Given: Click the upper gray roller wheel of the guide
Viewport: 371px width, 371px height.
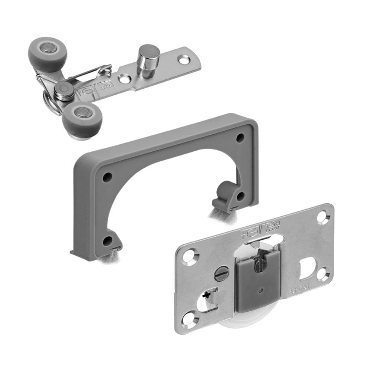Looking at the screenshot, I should click(x=47, y=54).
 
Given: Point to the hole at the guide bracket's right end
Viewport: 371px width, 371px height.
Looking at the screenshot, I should click(x=183, y=59).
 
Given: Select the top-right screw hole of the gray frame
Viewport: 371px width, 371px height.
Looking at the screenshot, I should click(x=240, y=138).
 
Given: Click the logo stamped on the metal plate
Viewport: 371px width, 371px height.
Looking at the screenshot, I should click(x=266, y=227).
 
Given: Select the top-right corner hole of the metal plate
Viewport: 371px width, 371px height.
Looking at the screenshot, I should click(x=322, y=216).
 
